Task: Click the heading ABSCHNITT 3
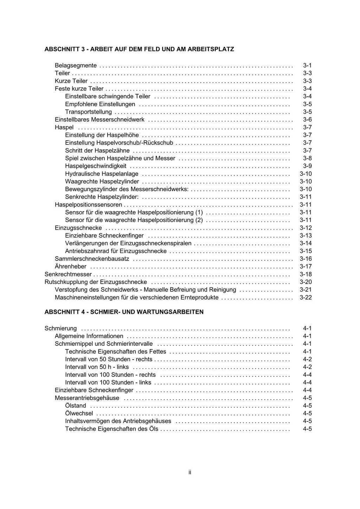coord(139,49)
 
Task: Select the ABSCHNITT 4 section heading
coord(124,312)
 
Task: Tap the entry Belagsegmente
coord(76,65)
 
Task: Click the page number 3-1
coord(307,65)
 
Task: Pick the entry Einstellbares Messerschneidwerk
coord(99,120)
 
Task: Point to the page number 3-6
coord(307,120)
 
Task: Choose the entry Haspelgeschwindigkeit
coord(96,166)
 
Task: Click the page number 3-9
coord(307,166)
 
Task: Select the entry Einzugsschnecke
coord(78,228)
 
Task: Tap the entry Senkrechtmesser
coord(68,274)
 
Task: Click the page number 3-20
coord(306,282)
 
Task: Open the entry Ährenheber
coord(70,266)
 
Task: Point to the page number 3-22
coord(306,297)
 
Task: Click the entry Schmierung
coord(60,328)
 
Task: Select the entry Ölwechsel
coord(79,413)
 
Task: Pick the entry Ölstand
coord(76,406)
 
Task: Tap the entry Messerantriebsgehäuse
coord(87,398)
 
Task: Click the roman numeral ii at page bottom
coord(190,472)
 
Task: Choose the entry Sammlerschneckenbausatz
coord(92,259)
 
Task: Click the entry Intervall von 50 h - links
coord(97,367)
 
